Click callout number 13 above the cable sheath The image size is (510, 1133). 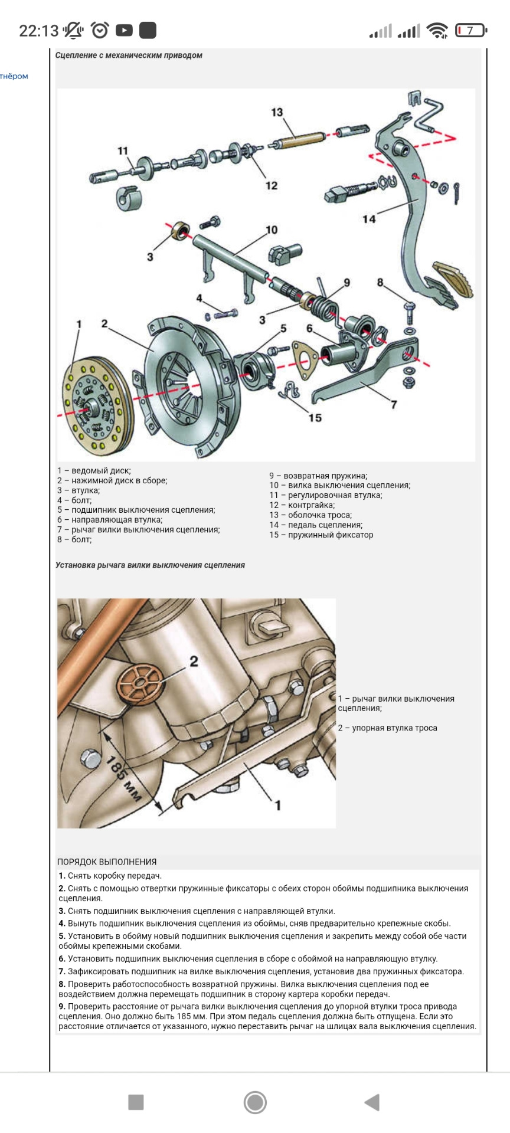coord(277,112)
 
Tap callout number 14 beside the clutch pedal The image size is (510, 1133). coord(369,220)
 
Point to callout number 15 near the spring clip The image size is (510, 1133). coord(315,418)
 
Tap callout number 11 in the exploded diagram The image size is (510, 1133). coord(122,151)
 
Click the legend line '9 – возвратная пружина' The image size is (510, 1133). coord(318,476)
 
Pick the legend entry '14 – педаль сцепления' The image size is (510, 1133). coord(316,525)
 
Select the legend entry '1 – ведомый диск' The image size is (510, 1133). coord(94,471)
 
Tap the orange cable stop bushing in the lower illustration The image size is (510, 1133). coord(140,683)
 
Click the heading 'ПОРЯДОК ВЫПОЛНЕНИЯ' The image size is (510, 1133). coord(107,862)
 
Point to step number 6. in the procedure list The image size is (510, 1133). coord(62,959)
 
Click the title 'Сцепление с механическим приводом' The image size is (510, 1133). coord(129,55)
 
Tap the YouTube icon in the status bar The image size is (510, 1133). coord(124,30)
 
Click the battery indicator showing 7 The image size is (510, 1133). coord(471,30)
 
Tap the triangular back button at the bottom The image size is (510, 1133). coord(372,1102)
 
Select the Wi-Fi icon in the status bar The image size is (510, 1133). coord(437,30)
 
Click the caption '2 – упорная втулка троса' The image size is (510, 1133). coord(387,728)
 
